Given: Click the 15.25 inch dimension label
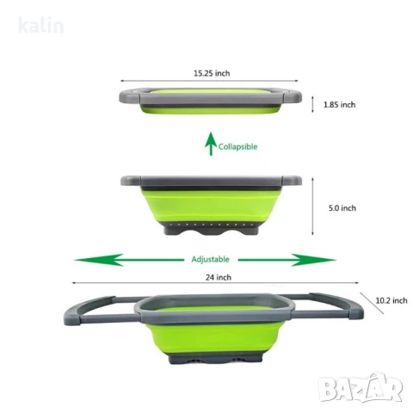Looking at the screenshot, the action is (x=212, y=73).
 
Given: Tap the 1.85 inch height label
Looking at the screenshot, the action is (x=339, y=105).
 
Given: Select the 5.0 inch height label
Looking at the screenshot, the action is (x=342, y=208).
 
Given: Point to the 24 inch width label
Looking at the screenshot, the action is (x=219, y=277).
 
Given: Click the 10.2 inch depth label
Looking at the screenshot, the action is (x=391, y=300).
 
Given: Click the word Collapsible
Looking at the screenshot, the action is (x=237, y=147).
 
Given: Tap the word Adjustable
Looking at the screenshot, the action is (x=210, y=260).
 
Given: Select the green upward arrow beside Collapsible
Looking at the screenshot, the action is (x=211, y=144).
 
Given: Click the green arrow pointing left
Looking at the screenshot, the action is (x=129, y=260).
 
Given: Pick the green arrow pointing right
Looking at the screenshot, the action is (x=287, y=260).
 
